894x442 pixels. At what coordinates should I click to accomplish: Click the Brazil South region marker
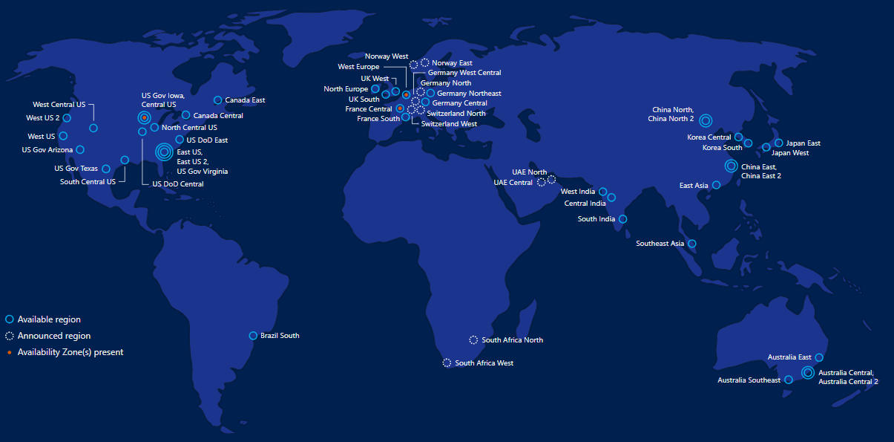253,336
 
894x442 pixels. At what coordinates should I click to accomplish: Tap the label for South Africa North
512,340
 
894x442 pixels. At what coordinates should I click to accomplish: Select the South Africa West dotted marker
447,363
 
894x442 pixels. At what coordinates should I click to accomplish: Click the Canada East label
245,100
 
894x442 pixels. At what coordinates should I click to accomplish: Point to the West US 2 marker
68,117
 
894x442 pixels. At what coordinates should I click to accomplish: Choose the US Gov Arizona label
47,150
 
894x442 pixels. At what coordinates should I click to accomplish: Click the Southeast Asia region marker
692,244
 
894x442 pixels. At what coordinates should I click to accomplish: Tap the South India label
596,219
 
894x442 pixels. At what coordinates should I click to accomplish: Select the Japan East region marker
778,143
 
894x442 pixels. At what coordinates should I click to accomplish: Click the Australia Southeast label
749,380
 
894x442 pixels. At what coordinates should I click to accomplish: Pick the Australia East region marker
819,357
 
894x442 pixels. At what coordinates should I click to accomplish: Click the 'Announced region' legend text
54,336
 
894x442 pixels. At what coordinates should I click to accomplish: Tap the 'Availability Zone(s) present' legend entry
70,352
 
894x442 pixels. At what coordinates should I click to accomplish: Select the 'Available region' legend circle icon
10,319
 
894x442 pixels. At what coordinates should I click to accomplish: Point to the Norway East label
452,63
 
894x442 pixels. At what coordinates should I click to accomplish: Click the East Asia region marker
716,185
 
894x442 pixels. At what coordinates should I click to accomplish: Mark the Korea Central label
709,137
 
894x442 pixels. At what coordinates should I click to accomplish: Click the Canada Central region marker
186,115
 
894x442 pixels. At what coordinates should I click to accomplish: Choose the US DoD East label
207,140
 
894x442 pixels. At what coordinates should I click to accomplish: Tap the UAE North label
529,172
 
